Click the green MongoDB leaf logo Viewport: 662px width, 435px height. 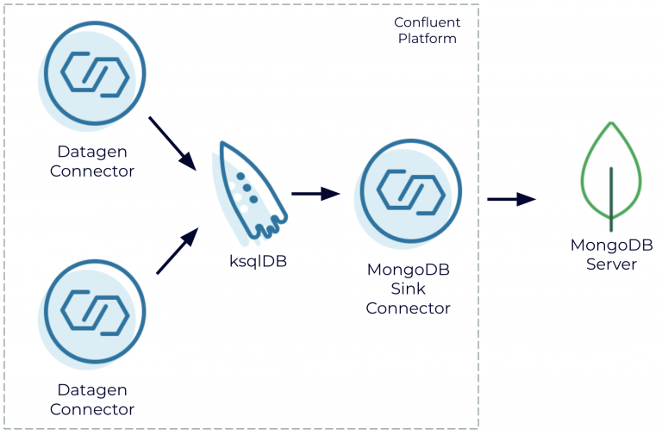point(611,176)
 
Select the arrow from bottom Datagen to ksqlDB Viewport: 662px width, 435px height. point(178,252)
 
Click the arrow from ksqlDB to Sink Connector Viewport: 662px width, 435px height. point(315,194)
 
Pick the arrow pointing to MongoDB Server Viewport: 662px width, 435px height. point(511,200)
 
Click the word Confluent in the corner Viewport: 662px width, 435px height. point(427,22)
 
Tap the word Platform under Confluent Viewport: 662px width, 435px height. point(427,39)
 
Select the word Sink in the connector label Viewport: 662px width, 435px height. point(409,289)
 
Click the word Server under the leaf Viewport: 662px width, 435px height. point(611,264)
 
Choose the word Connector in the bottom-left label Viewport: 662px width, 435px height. point(92,409)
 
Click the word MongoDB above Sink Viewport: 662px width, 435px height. point(409,270)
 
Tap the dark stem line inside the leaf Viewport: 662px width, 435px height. point(611,198)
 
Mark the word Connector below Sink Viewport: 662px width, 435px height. point(409,308)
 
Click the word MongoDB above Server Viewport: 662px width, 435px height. point(611,245)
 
